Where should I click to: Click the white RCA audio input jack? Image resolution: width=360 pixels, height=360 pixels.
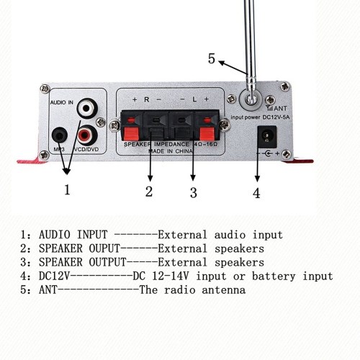[x=87, y=108]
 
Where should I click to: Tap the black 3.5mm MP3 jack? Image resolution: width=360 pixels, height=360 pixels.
[x=59, y=136]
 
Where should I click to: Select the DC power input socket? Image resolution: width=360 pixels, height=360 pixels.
[x=266, y=137]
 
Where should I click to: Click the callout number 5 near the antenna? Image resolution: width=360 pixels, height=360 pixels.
[x=211, y=59]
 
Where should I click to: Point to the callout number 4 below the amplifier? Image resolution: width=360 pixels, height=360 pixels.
[x=256, y=193]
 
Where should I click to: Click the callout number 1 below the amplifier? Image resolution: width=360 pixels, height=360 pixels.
[x=67, y=189]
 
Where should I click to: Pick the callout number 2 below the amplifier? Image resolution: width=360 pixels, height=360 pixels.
[x=149, y=192]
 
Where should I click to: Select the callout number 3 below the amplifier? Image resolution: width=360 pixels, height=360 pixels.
[x=194, y=192]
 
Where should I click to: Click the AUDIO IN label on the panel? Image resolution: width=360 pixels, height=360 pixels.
[x=61, y=102]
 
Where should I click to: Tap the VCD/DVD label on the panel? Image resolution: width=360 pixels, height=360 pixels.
[x=86, y=149]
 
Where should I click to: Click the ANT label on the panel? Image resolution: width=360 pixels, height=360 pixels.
[x=280, y=109]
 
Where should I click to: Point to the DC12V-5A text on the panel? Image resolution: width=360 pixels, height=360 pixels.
[x=276, y=117]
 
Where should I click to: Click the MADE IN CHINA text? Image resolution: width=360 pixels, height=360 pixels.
[x=171, y=151]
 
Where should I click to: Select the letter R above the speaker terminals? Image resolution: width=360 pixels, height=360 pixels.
[x=146, y=99]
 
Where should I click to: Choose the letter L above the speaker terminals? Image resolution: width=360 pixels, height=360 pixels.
[x=194, y=99]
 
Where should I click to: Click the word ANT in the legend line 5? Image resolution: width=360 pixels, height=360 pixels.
[x=48, y=289]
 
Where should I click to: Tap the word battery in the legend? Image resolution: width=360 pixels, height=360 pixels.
[x=274, y=276]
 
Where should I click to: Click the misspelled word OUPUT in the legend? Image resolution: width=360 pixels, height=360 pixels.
[x=104, y=248]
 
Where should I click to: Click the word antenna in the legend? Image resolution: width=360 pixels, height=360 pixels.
[x=224, y=289]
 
